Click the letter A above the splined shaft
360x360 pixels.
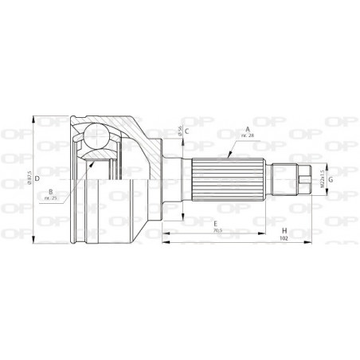coord(248,128)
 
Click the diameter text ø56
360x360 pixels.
coord(181,133)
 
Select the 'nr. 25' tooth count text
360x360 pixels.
coord(51,200)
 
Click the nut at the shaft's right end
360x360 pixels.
coord(305,179)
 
